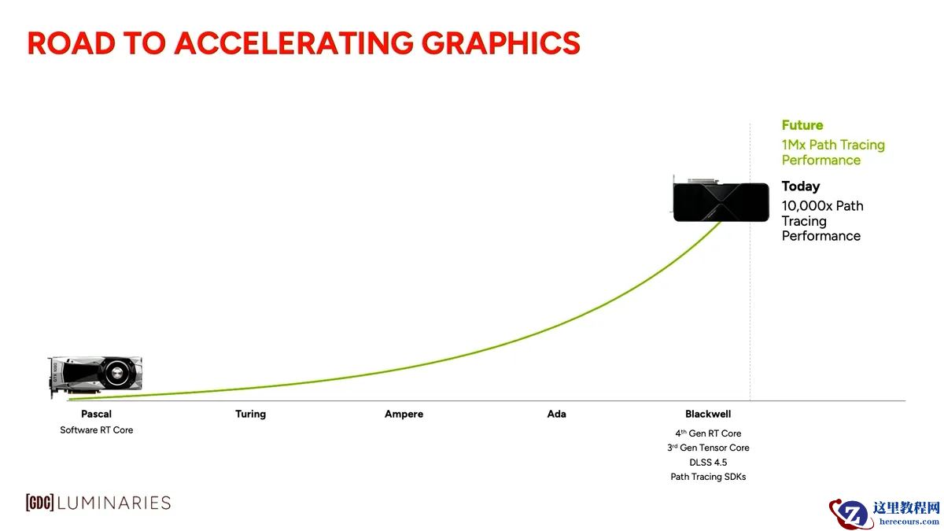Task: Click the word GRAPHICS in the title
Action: click(x=500, y=43)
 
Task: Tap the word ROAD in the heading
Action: click(x=72, y=43)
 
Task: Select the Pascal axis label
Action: click(x=97, y=414)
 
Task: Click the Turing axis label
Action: click(x=251, y=414)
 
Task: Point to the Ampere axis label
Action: click(x=404, y=414)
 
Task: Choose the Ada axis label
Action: click(x=557, y=414)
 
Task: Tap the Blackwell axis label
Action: click(x=708, y=414)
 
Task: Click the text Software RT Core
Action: click(x=97, y=430)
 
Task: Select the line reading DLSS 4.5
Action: click(x=708, y=463)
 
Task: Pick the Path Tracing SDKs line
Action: click(x=708, y=477)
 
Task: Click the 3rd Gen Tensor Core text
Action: click(x=708, y=448)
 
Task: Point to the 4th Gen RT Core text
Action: click(x=708, y=433)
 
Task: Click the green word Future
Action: click(x=802, y=125)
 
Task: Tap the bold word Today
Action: click(x=801, y=186)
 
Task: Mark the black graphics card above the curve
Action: click(x=721, y=199)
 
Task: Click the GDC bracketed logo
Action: click(x=39, y=503)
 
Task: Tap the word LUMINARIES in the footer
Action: click(x=114, y=503)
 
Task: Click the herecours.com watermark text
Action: click(x=909, y=522)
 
